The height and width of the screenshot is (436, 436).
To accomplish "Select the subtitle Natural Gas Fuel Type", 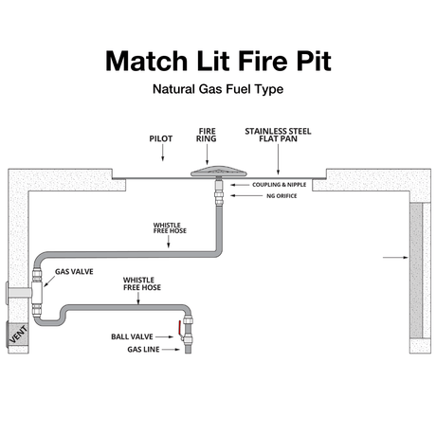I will pos(217,93).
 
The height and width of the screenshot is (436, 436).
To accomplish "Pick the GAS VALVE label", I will pos(74,271).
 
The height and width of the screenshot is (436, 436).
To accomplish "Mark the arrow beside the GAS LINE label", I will pos(170,350).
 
